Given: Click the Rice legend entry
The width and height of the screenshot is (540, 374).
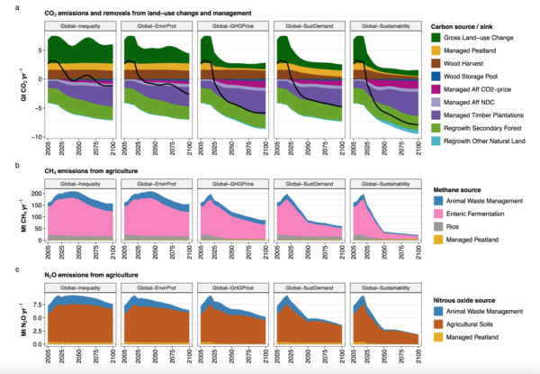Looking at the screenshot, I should tap(448, 229).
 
